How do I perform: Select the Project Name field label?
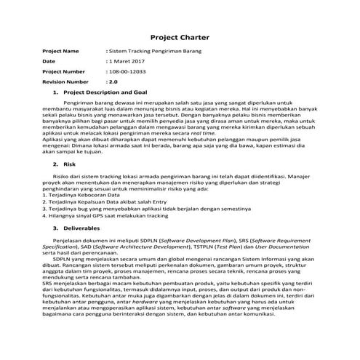coord(60,52)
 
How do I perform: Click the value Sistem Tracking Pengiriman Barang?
coord(154,52)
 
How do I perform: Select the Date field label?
coord(49,62)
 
